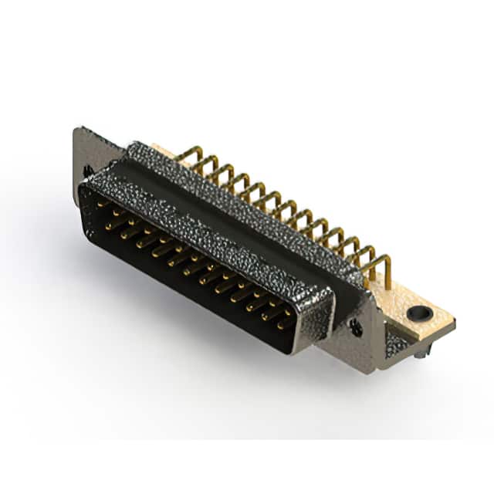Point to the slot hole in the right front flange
[356, 327]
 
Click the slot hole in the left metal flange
[88, 170]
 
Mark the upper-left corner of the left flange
[76, 130]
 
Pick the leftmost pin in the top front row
[102, 204]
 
